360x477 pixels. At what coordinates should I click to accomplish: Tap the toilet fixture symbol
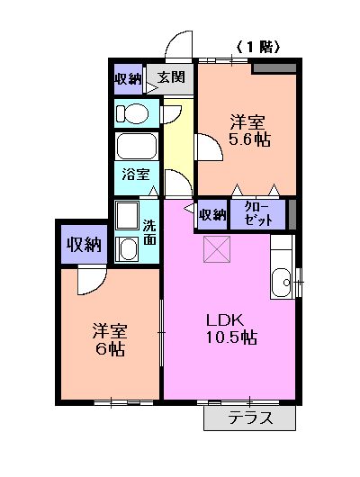(132, 113)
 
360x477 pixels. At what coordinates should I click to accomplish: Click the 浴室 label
(136, 175)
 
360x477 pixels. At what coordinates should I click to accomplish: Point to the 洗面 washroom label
(149, 233)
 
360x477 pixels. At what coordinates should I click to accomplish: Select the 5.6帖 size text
(249, 139)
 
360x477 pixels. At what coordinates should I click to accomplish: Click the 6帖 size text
(106, 348)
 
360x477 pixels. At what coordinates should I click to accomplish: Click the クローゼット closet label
(257, 213)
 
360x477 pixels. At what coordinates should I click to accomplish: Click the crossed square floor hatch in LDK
(217, 249)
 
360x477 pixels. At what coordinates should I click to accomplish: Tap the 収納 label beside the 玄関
(127, 77)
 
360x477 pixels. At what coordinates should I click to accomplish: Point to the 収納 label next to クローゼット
(211, 214)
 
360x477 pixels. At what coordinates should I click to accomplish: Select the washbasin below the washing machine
(127, 249)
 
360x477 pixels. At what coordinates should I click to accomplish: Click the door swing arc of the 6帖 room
(90, 280)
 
